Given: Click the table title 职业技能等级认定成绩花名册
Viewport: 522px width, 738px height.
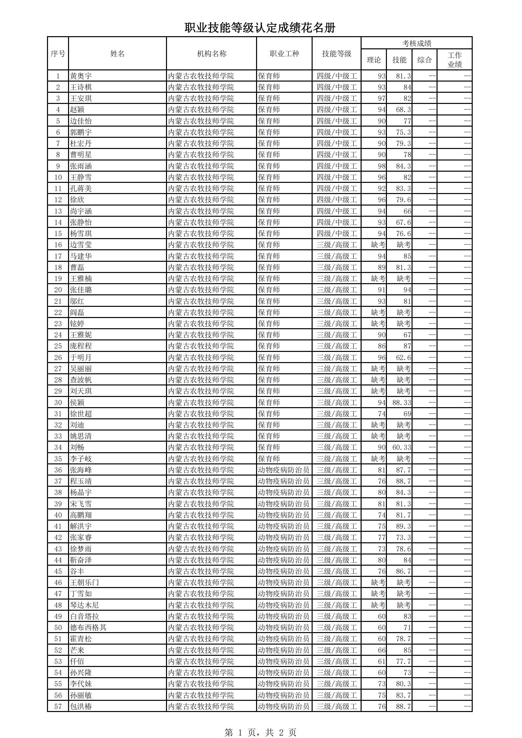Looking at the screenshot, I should (260, 28).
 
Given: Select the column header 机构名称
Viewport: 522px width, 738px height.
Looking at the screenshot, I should (212, 54).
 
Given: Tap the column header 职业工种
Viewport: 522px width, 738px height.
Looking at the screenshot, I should (284, 54).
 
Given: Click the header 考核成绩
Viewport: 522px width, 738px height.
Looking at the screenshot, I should (416, 43).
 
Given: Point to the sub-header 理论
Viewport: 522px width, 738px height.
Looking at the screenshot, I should (374, 60).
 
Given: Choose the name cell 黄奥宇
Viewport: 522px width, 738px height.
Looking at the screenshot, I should (81, 76).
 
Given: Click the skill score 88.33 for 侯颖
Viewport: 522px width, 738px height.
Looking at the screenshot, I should (401, 403).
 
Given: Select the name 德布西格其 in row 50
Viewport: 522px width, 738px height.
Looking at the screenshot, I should (88, 627).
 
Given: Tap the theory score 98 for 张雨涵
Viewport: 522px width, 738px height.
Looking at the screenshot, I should (381, 166).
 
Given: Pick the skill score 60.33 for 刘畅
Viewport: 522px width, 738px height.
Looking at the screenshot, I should (401, 447).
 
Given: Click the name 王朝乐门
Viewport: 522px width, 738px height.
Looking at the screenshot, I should (84, 582).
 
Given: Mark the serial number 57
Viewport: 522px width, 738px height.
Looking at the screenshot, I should (58, 706).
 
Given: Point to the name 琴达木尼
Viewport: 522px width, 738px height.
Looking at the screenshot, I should (84, 605).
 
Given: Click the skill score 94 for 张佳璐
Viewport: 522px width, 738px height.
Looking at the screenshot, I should (407, 290).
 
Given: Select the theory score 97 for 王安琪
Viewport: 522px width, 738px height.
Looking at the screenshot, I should (381, 98).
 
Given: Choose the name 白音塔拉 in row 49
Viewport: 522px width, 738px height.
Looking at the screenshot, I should (84, 616).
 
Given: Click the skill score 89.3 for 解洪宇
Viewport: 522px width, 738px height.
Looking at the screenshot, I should (403, 526).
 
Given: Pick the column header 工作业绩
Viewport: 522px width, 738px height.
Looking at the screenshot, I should (455, 60).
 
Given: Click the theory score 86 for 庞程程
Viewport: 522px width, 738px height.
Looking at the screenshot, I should (381, 346).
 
